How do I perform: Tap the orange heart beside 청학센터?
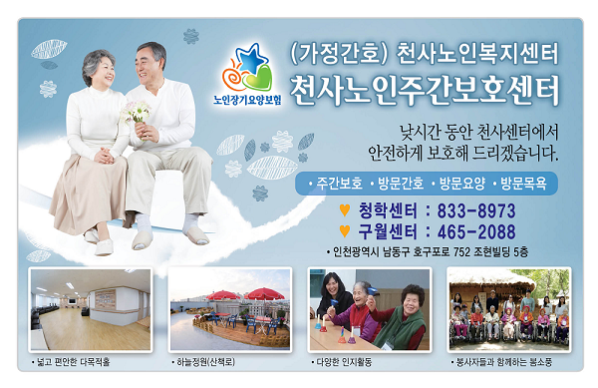pos(345,210)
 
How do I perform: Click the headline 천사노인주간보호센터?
pos(425,91)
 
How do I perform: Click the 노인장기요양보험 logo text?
pos(247,100)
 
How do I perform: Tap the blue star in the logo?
pos(250,57)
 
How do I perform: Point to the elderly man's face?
pos(151,62)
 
